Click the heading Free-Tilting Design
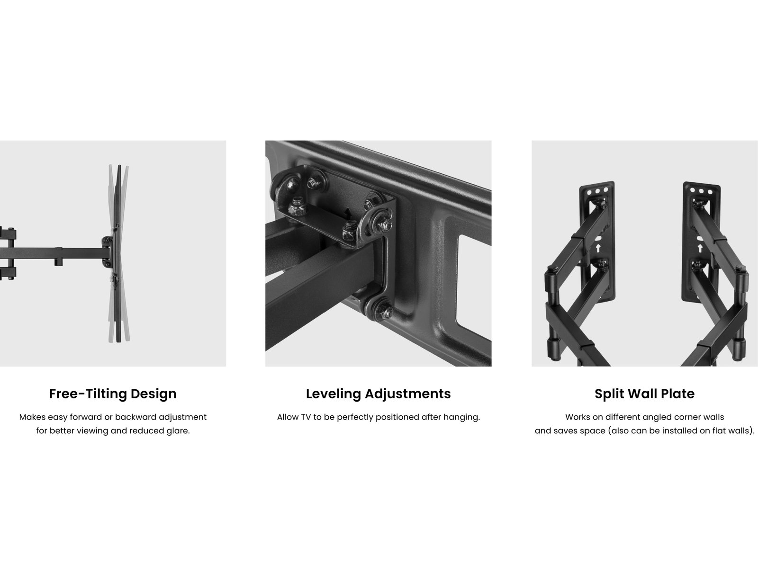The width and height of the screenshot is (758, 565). click(113, 394)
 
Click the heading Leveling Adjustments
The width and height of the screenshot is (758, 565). click(378, 394)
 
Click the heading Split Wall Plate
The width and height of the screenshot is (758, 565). click(644, 394)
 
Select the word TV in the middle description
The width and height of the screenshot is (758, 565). click(306, 417)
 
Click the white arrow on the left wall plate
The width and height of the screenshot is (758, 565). click(598, 248)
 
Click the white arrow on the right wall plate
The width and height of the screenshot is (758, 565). click(700, 248)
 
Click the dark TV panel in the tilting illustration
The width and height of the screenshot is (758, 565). click(119, 254)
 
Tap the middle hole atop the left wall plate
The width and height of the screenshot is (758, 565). click(597, 191)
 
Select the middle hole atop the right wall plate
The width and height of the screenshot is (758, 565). click(701, 190)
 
